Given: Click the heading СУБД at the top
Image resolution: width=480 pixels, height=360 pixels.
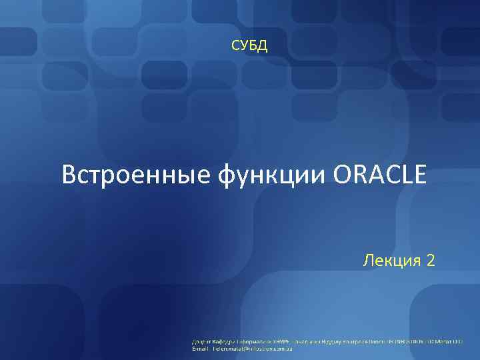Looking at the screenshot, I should pos(249,46).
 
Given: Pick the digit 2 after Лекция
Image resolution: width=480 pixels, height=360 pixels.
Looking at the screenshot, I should pos(430,259).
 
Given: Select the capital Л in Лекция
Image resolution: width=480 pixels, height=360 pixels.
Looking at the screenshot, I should pos(368,259).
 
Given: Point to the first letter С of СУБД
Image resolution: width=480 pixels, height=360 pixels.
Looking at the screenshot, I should pos(235,46).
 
